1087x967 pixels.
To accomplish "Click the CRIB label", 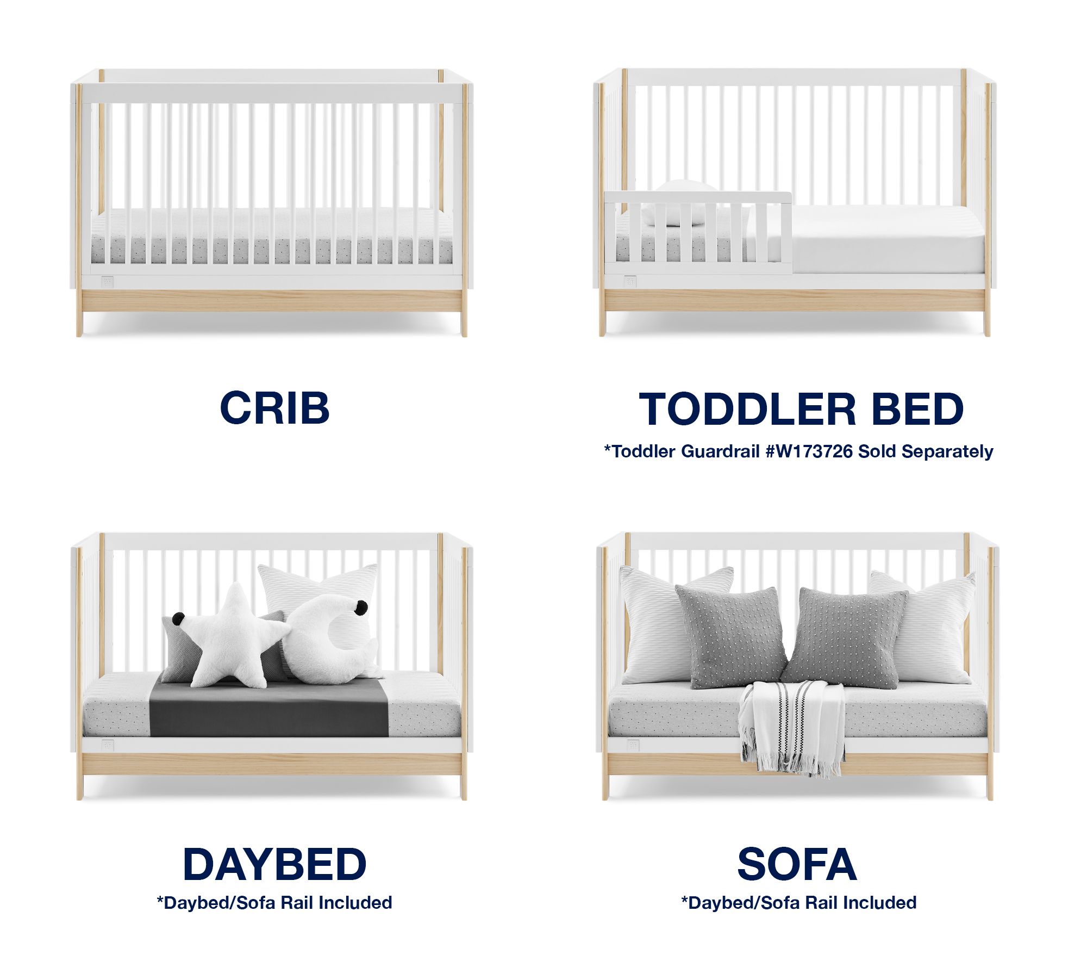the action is pyautogui.click(x=274, y=408).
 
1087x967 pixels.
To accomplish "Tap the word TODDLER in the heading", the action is pyautogui.click(x=748, y=409).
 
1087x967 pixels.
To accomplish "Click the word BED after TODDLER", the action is pyautogui.click(x=918, y=409).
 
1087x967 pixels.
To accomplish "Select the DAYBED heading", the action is pyautogui.click(x=274, y=864).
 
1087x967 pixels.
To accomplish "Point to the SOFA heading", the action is pyautogui.click(x=797, y=864).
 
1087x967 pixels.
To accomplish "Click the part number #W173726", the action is pyautogui.click(x=809, y=451).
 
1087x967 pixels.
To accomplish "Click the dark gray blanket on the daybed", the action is pyautogui.click(x=269, y=707).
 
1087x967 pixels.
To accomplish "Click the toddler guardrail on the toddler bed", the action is pyautogui.click(x=698, y=231).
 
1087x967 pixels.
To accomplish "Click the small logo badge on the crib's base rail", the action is pyautogui.click(x=108, y=282).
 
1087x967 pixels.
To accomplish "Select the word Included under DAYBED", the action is pyautogui.click(x=355, y=903).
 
